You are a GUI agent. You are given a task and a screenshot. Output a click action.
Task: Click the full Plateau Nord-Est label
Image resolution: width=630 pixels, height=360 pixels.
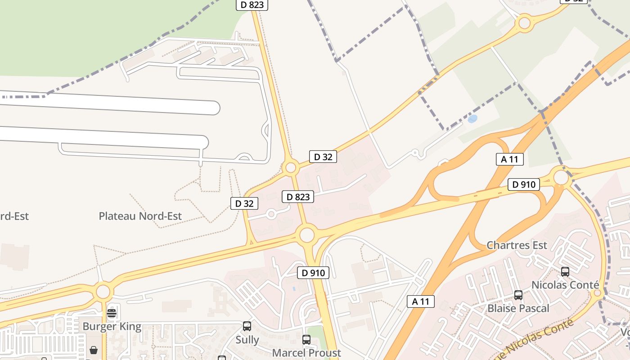coord(140,216)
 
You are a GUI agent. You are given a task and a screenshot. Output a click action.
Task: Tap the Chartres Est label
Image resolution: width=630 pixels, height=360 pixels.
coord(517,245)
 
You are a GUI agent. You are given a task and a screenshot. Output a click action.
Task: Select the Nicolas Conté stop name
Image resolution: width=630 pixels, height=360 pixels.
coord(565,285)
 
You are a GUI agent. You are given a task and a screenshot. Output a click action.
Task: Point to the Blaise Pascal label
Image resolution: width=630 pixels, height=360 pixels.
coord(518,308)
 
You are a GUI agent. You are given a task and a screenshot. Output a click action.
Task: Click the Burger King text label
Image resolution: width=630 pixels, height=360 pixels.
coord(112,326)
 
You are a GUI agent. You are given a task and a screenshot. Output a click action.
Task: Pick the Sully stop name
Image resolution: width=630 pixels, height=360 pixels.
coord(247,339)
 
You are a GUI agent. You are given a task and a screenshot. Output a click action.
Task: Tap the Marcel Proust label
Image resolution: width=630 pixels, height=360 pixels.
coord(306,352)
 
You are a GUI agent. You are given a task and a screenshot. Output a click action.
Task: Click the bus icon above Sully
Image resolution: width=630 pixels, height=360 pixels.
coord(247,326)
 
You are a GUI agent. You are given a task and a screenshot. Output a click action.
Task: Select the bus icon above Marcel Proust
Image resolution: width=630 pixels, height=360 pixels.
coord(306,340)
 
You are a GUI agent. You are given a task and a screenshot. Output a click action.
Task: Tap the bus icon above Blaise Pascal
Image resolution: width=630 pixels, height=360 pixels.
coord(518,295)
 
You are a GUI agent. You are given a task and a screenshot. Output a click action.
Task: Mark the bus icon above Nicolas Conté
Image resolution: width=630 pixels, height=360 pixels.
coord(565,272)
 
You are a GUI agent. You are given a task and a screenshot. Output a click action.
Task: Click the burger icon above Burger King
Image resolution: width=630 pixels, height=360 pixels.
coord(112,313)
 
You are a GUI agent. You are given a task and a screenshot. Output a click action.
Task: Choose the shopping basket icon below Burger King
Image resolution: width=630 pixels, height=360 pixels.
coord(94,350)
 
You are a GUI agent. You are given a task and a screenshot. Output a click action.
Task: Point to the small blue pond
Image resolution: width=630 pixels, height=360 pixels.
coord(472,119)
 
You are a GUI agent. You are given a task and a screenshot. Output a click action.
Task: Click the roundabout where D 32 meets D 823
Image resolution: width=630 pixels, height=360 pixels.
coord(291,168)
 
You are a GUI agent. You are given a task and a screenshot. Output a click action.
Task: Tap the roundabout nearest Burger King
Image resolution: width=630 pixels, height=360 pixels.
coord(103,292)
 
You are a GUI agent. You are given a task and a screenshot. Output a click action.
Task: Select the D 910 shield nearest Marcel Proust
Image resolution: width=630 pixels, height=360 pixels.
coord(313,273)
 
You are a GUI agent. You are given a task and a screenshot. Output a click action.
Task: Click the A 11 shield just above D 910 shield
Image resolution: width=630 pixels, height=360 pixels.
coord(510,159)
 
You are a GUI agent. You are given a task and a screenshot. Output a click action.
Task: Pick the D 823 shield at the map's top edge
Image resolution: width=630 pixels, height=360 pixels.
coord(252,4)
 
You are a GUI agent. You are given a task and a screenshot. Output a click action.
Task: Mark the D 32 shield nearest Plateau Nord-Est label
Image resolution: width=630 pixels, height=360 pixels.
coord(244,203)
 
